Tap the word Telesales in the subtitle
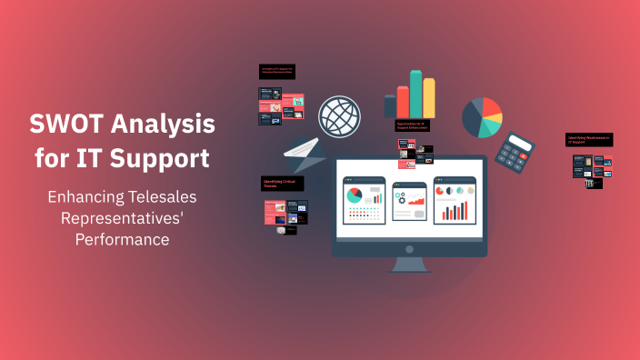click(x=153, y=197)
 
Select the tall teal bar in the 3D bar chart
click(x=416, y=95)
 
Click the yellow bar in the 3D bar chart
click(x=429, y=98)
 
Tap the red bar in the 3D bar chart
click(x=403, y=103)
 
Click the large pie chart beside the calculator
click(x=482, y=117)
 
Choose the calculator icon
click(x=520, y=156)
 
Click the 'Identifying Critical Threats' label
click(x=284, y=185)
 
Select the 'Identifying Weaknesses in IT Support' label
click(x=588, y=140)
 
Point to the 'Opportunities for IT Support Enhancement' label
click(x=413, y=125)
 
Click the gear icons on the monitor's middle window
click(x=401, y=197)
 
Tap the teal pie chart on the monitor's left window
click(x=354, y=195)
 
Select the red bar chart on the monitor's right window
click(x=455, y=212)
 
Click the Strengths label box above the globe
click(x=278, y=72)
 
